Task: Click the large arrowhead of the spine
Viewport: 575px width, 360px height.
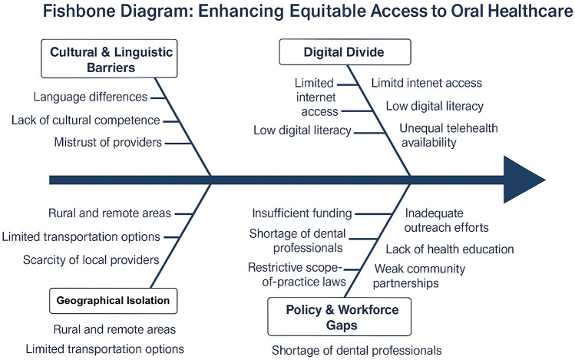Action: point(522,180)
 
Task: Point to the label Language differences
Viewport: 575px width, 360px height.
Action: point(91,97)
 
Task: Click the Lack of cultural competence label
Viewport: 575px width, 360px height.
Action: point(85,121)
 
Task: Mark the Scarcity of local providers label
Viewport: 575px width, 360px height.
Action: point(91,259)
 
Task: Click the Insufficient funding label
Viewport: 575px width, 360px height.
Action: point(302,213)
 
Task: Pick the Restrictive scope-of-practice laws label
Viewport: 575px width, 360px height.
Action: point(296,274)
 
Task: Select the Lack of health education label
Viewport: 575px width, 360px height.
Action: point(449,249)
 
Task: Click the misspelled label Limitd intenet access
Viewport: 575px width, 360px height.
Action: point(426,83)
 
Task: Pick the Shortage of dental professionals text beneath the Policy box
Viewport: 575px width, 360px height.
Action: point(357,350)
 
